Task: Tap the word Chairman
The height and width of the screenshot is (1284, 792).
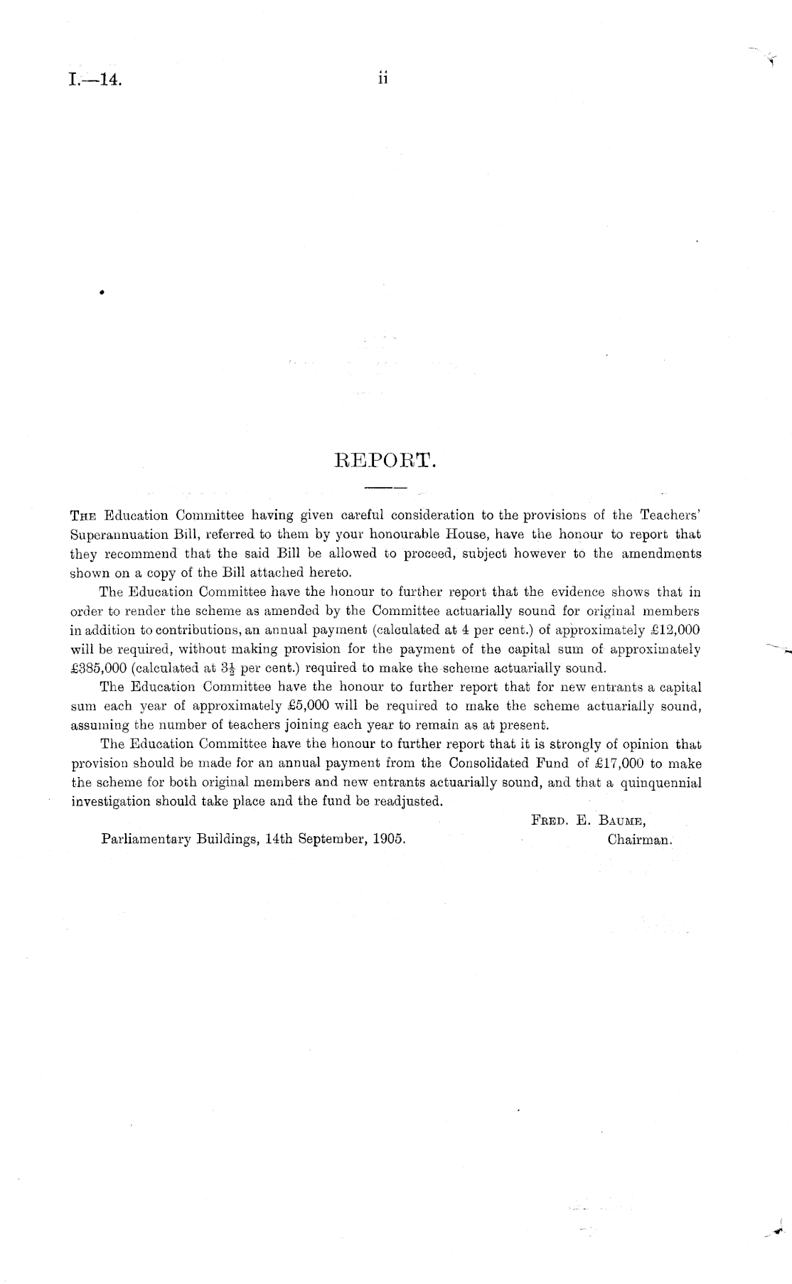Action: (639, 839)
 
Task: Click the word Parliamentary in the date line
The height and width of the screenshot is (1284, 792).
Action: (145, 839)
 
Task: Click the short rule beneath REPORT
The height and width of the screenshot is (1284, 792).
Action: (384, 488)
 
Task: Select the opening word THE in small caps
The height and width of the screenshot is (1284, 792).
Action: (85, 515)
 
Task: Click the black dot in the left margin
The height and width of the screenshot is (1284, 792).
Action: (102, 291)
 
